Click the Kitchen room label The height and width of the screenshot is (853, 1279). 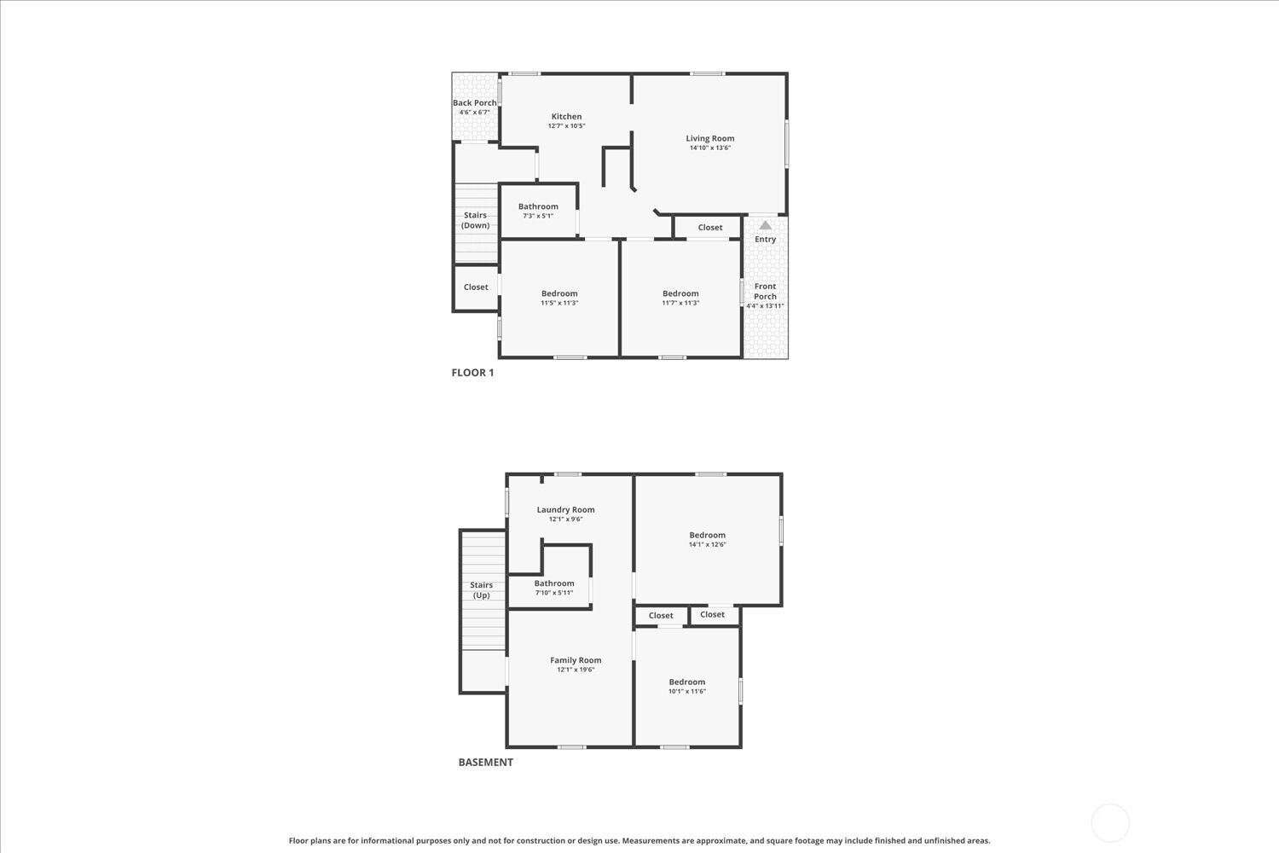(566, 117)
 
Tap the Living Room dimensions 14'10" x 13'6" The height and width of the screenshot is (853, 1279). (710, 148)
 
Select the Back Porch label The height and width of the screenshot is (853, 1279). (474, 103)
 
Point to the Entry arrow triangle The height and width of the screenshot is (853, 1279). (765, 225)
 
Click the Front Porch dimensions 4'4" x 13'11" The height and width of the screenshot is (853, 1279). (765, 305)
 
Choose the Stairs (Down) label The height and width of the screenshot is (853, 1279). (475, 220)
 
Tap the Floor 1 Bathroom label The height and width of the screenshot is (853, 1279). (538, 206)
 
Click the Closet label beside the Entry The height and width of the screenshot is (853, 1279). (710, 228)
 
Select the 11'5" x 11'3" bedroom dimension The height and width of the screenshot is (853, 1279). (559, 303)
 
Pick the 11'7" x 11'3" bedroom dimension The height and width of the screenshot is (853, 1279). (680, 303)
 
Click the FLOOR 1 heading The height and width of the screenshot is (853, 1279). (472, 373)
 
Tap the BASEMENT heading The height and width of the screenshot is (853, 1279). (486, 763)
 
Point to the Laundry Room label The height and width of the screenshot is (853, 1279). (566, 509)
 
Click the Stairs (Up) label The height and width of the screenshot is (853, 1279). (482, 590)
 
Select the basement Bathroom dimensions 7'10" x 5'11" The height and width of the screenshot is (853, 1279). (554, 593)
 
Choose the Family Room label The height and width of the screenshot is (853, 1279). (576, 660)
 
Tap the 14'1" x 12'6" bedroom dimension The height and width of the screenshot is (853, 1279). (708, 544)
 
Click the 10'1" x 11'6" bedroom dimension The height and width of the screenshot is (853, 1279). (687, 691)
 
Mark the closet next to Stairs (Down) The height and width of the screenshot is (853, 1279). (476, 287)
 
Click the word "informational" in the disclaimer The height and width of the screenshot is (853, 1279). (387, 841)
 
